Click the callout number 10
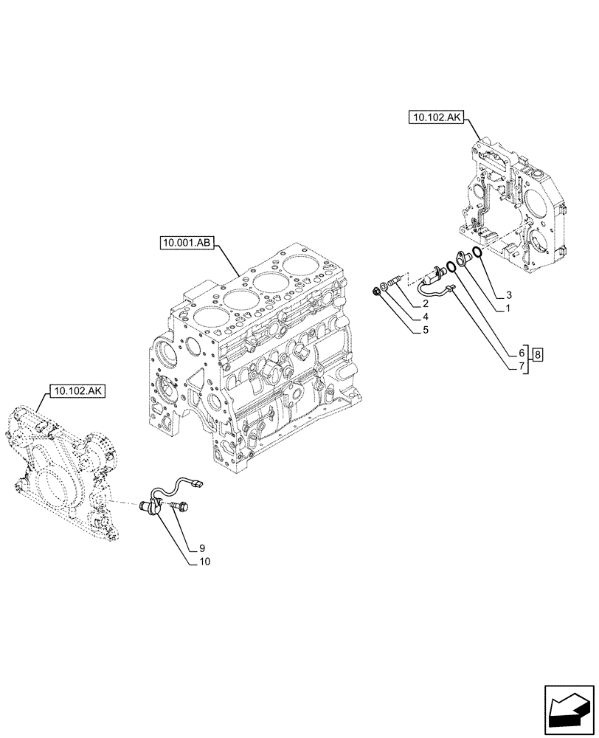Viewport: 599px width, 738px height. pyautogui.click(x=204, y=562)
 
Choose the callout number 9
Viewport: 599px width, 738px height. pyautogui.click(x=201, y=548)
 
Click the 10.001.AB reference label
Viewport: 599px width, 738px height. pyautogui.click(x=185, y=243)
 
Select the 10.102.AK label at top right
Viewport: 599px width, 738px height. pyautogui.click(x=433, y=117)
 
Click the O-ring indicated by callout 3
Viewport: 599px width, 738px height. pyautogui.click(x=478, y=253)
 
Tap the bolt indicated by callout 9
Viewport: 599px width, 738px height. pyautogui.click(x=179, y=506)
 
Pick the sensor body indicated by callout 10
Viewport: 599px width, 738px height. pyautogui.click(x=153, y=507)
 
